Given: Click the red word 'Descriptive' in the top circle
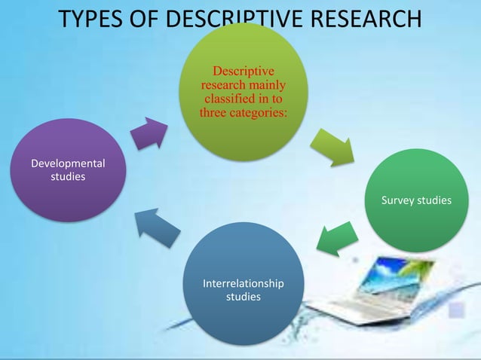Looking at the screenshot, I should pos(243,72).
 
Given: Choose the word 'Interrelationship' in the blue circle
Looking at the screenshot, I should pos(244,284).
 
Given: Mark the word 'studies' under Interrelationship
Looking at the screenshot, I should pos(244,297).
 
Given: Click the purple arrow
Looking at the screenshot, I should pos(149,134).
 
